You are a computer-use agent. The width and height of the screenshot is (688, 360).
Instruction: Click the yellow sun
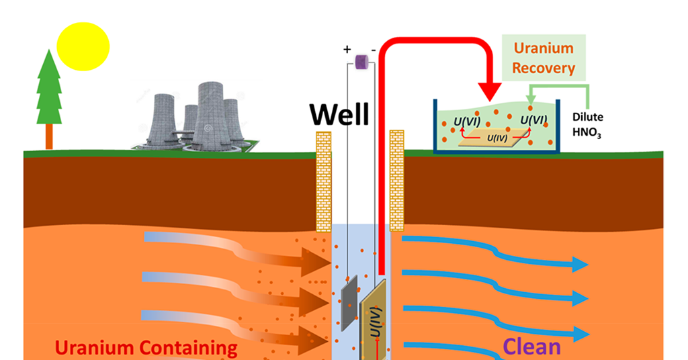click(83, 46)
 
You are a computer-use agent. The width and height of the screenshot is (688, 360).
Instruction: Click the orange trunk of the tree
click(48, 137)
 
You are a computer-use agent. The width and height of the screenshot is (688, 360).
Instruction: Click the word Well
click(339, 115)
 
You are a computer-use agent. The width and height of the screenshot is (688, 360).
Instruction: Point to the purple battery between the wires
click(361, 62)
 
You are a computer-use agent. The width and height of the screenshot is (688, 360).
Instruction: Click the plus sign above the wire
click(347, 50)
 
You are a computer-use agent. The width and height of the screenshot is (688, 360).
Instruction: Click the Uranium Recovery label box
click(544, 58)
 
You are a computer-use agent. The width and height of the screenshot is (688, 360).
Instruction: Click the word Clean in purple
click(532, 347)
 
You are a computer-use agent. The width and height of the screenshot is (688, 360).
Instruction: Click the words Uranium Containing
click(146, 348)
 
